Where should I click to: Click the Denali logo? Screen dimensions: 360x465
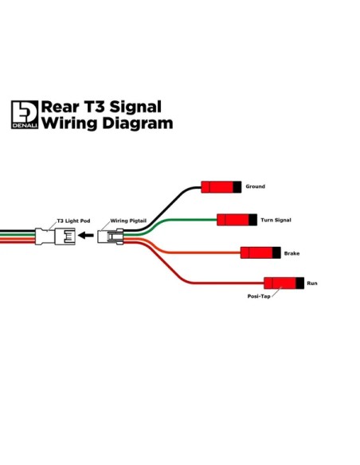coord(25,115)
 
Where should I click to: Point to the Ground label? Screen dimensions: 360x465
coord(256,186)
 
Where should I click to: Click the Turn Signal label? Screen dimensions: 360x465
coord(276,220)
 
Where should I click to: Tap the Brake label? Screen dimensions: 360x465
coord(292,253)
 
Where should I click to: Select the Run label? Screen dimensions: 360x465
coord(312,283)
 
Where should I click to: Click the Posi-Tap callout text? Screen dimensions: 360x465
coord(259,296)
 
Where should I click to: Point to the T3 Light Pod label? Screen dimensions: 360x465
coord(73,221)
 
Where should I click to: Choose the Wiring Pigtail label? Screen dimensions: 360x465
coord(128,221)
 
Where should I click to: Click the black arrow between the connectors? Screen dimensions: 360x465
coord(86,236)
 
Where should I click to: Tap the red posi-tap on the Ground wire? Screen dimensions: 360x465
coord(221,187)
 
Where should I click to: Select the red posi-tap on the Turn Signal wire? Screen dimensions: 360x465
coord(237,220)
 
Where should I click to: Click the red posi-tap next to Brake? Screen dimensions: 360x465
coord(260,252)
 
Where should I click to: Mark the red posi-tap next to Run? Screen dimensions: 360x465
coord(284,283)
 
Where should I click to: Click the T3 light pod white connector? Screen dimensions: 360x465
coord(55,236)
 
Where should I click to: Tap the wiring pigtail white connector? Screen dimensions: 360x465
coord(111,236)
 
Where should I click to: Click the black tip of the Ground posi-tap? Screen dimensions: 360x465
coord(237,187)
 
